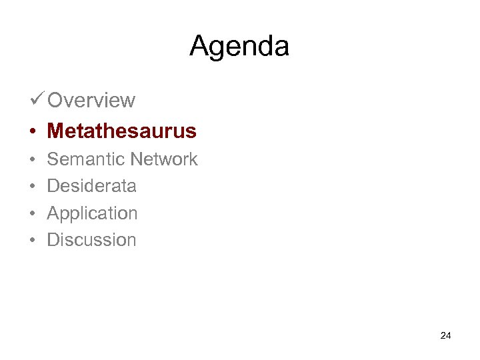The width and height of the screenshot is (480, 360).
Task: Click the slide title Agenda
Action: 239,46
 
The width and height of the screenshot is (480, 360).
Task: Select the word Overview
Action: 91,101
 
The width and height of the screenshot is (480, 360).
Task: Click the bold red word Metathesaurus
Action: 122,131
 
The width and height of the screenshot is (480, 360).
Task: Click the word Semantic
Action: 86,159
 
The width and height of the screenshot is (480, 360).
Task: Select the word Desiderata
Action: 91,186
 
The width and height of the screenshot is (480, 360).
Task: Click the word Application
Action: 92,213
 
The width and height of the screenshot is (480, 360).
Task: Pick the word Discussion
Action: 91,240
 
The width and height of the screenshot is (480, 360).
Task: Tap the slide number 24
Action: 446,335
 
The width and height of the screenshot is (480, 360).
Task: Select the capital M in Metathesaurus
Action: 55,131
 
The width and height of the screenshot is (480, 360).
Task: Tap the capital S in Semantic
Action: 53,159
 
